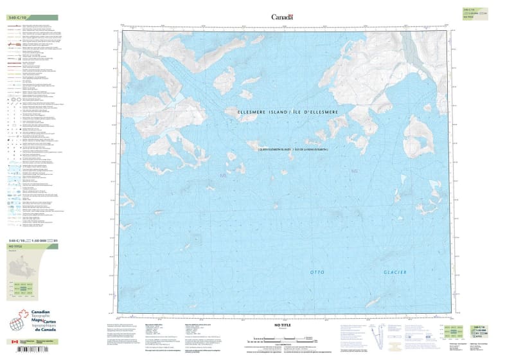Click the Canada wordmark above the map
point(282,17)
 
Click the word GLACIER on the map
point(395,273)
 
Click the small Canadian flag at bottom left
point(14,342)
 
